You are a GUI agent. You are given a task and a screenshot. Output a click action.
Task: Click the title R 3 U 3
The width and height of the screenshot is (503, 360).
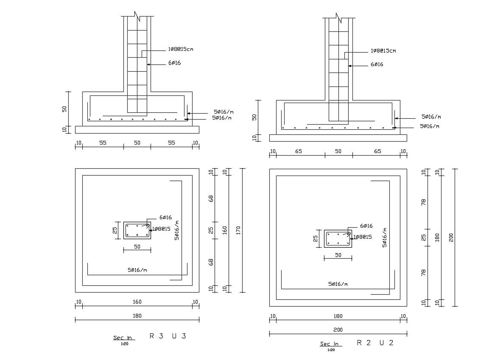[168, 336]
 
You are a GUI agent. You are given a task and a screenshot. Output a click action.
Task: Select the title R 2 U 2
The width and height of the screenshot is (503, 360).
[375, 343]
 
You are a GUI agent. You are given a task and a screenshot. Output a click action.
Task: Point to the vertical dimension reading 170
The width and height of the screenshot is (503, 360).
[238, 230]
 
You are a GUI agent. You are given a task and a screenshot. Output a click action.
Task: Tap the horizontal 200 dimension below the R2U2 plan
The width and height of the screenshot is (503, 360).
[338, 329]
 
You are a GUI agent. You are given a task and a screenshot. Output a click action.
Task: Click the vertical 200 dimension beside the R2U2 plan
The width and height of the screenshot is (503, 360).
[451, 237]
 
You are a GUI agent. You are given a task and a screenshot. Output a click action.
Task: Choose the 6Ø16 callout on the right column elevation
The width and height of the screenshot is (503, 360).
[377, 64]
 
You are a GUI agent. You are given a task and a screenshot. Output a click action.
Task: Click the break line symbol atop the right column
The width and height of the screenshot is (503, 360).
[338, 18]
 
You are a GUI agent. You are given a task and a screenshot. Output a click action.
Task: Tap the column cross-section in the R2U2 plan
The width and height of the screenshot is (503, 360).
[338, 238]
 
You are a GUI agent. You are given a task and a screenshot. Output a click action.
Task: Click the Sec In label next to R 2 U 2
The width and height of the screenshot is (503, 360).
[330, 344]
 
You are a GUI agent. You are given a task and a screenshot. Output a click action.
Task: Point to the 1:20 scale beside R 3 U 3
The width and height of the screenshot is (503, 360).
[124, 344]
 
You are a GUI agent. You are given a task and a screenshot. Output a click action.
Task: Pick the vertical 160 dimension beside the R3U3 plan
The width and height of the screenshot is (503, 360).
[225, 230]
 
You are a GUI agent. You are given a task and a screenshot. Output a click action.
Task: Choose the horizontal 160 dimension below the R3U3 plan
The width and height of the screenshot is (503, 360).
[137, 302]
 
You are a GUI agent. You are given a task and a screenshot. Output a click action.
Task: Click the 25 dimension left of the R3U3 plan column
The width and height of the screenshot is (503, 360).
[115, 230]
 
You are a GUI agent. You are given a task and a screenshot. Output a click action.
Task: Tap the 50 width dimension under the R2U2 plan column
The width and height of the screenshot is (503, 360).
[338, 255]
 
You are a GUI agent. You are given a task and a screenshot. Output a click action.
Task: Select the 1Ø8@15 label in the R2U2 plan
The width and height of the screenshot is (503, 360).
[363, 237]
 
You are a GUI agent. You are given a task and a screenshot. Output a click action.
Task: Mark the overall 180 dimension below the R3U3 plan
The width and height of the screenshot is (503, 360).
[137, 315]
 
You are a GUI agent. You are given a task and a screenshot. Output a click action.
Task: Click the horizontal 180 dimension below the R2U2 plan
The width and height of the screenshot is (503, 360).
[338, 316]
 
